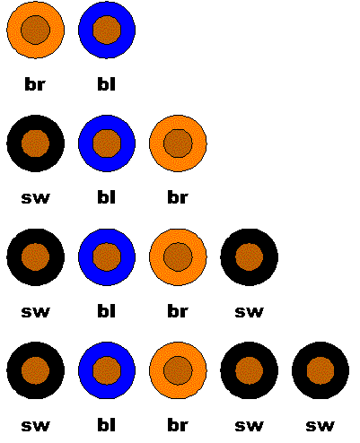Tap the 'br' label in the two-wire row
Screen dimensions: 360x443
click(x=35, y=84)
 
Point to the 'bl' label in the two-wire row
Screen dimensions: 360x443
click(x=107, y=84)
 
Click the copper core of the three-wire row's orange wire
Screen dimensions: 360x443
click(x=178, y=143)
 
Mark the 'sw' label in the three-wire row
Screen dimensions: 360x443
click(x=35, y=198)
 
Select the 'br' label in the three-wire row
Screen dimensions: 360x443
click(x=178, y=197)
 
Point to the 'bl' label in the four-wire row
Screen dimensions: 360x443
click(x=107, y=311)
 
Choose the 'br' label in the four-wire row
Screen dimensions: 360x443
click(x=178, y=311)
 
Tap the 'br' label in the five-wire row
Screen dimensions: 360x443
click(x=178, y=425)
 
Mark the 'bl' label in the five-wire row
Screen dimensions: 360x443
click(x=107, y=425)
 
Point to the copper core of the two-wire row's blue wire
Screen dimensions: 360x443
click(x=107, y=30)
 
